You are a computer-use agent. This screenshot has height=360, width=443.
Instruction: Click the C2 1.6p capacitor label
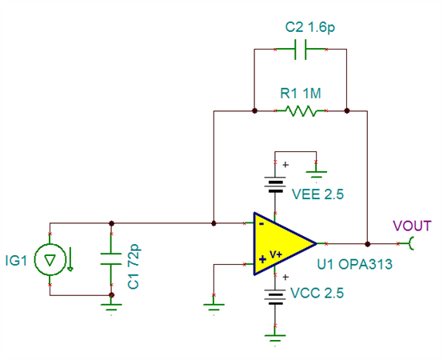click(x=310, y=28)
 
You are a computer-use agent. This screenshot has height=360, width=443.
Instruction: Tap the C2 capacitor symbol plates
click(x=300, y=50)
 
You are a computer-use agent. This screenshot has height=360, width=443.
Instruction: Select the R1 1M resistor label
click(x=301, y=94)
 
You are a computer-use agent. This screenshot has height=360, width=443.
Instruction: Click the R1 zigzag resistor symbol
click(x=301, y=110)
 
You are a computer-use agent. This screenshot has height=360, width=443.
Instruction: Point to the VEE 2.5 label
click(x=317, y=194)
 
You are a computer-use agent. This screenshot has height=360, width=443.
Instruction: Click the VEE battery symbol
click(x=275, y=185)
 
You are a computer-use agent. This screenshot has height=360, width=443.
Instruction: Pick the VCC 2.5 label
click(x=317, y=293)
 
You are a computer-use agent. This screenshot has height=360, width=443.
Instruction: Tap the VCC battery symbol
click(x=275, y=297)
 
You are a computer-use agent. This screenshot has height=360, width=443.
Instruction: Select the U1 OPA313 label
click(x=355, y=264)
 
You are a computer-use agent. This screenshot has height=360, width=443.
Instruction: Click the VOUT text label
click(x=412, y=226)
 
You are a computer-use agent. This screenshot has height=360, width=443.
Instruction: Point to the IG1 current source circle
click(x=50, y=259)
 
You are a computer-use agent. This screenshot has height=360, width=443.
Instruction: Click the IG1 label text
click(x=16, y=261)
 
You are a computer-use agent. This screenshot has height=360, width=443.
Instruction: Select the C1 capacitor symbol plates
click(x=111, y=259)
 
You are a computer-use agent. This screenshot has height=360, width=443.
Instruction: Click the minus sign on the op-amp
click(x=261, y=224)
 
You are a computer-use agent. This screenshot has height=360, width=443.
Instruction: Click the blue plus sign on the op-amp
click(x=262, y=259)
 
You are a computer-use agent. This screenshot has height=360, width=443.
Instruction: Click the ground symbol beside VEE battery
click(x=316, y=174)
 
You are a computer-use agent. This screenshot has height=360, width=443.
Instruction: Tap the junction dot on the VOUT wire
click(x=367, y=244)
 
